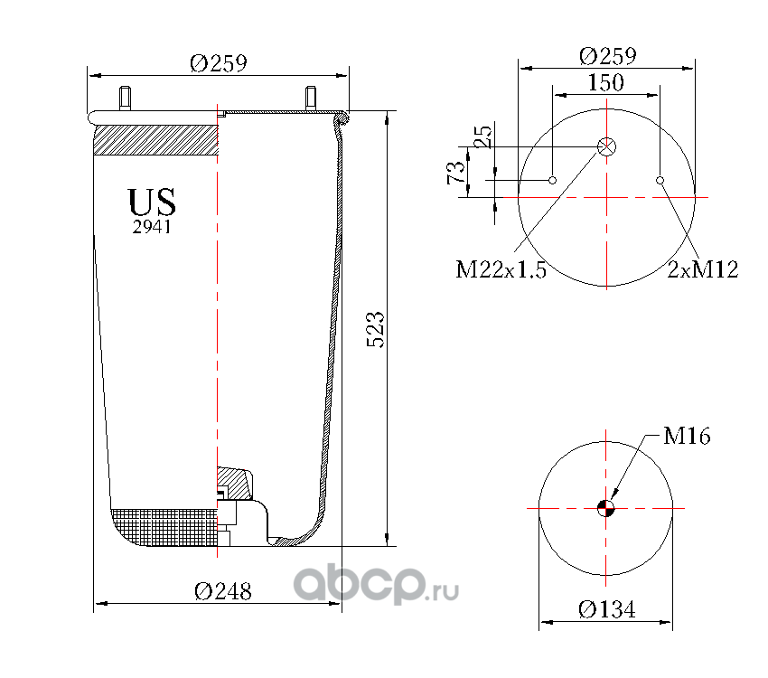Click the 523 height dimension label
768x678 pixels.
click(376, 329)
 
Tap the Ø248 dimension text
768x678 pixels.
click(223, 591)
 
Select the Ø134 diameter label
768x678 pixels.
click(607, 609)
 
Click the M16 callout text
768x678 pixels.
click(687, 436)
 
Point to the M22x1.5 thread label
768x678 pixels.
click(501, 269)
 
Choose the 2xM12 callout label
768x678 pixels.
click(702, 269)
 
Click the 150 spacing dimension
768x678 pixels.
click(606, 82)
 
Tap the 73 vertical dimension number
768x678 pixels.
click(455, 173)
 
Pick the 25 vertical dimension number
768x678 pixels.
click(482, 137)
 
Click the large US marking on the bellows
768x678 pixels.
click(152, 202)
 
